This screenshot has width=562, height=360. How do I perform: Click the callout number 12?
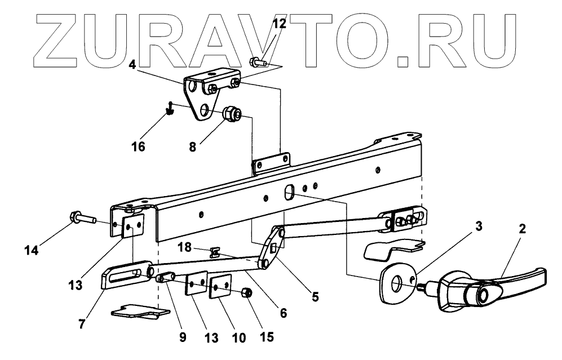coord(279,24)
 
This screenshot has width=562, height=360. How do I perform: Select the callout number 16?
coord(138,146)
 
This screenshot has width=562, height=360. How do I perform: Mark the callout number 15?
coord(266,337)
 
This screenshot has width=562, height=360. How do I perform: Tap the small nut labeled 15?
coord(246,293)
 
